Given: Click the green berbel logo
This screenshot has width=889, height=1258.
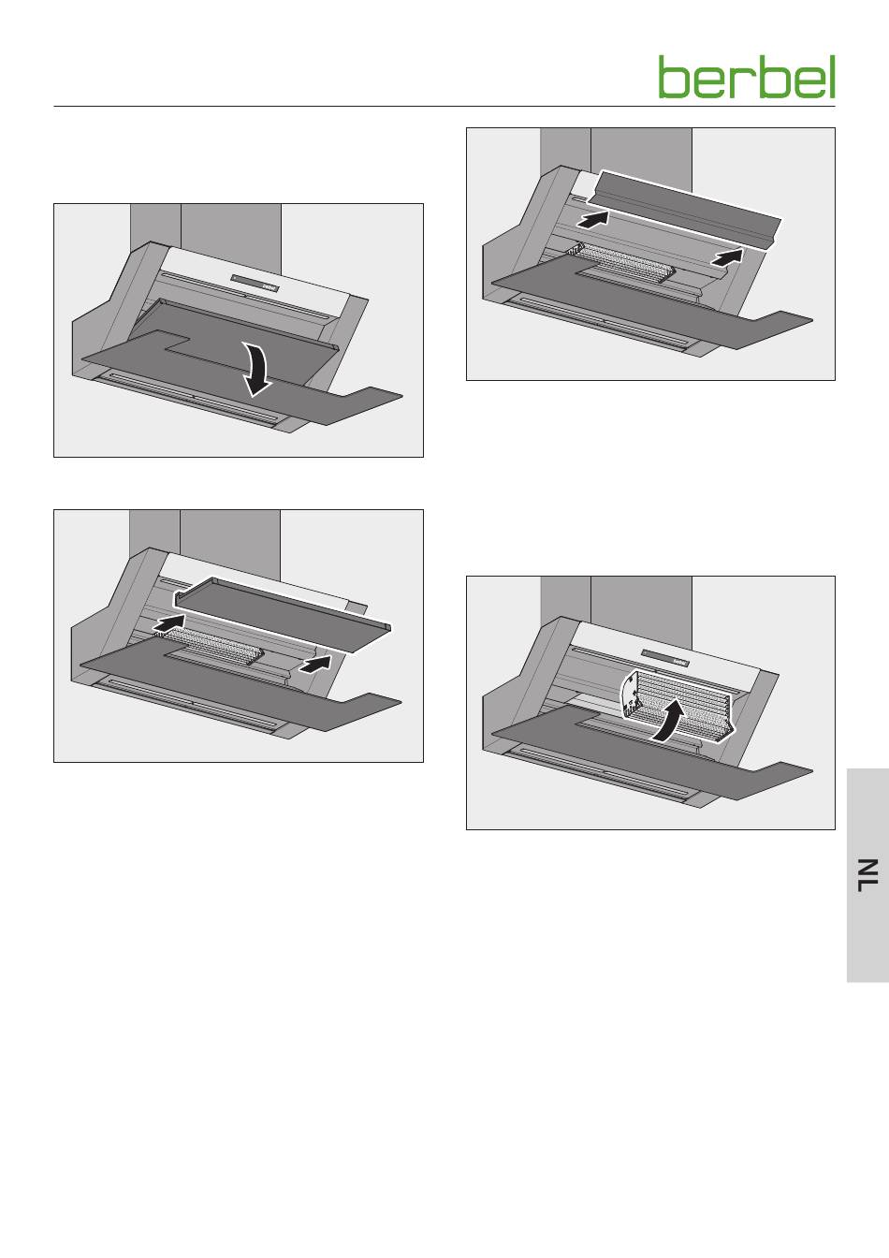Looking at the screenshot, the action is pos(747,77).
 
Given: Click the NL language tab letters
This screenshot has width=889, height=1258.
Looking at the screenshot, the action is pos(867,875).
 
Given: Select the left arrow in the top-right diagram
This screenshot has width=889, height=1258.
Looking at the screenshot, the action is pos(592,218).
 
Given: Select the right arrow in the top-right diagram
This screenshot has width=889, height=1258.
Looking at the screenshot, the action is pos(727,257).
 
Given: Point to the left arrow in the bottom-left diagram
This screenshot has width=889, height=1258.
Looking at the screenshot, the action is pos(168,622).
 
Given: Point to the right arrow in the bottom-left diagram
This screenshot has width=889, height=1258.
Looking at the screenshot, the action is pos(315,664).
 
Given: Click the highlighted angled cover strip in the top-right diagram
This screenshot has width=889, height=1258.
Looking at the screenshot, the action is pos(684,208).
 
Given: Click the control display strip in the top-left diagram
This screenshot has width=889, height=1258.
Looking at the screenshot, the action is pos(255,283).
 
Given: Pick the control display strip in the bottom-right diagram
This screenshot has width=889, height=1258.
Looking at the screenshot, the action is pos(666,658).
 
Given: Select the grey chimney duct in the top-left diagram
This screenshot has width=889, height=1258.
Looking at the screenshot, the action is pos(206,230).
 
